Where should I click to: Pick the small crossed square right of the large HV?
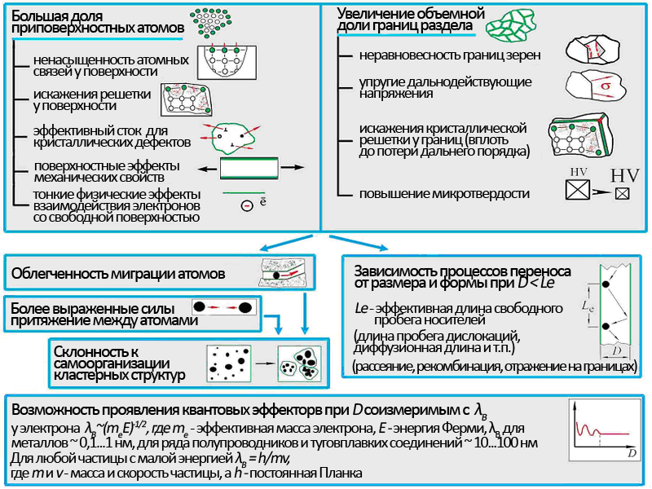coord(622,195)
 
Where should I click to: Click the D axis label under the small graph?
coord(631,449)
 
